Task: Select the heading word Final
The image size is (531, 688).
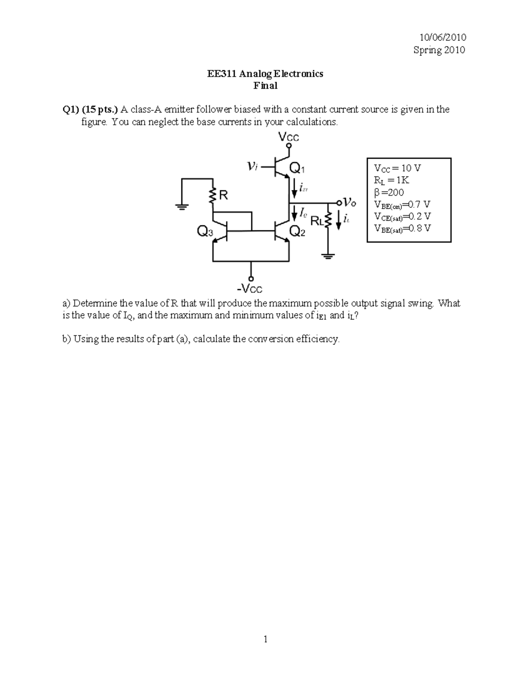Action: point(265,86)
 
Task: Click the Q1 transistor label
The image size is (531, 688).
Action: point(296,168)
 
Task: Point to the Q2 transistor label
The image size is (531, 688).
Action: point(296,231)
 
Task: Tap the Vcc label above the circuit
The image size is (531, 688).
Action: point(289,137)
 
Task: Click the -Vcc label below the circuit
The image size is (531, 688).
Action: point(250,289)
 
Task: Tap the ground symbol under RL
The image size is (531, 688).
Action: point(328,256)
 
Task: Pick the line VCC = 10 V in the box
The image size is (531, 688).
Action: point(397,168)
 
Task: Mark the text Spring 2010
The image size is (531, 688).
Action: point(439,50)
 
